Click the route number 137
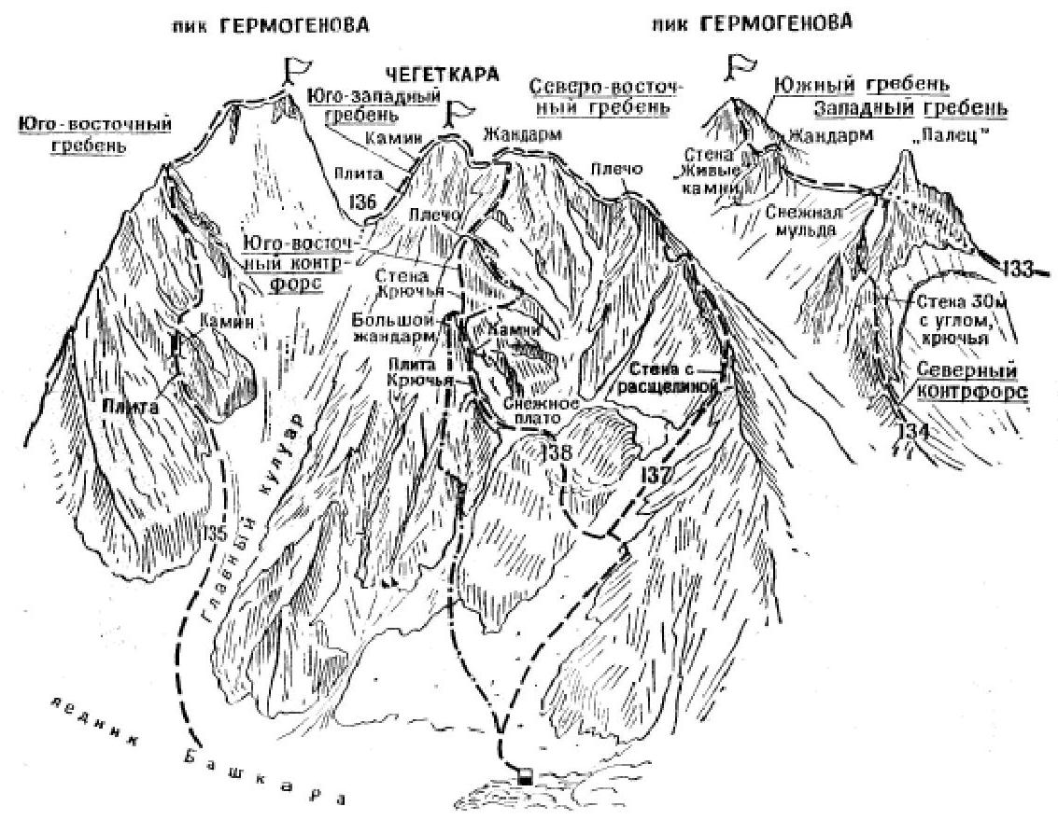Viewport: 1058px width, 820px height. coord(655,476)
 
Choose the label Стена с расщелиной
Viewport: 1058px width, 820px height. coord(668,373)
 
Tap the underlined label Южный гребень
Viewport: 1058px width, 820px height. coord(861,86)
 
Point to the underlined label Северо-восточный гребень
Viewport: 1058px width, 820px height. coord(607,96)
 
